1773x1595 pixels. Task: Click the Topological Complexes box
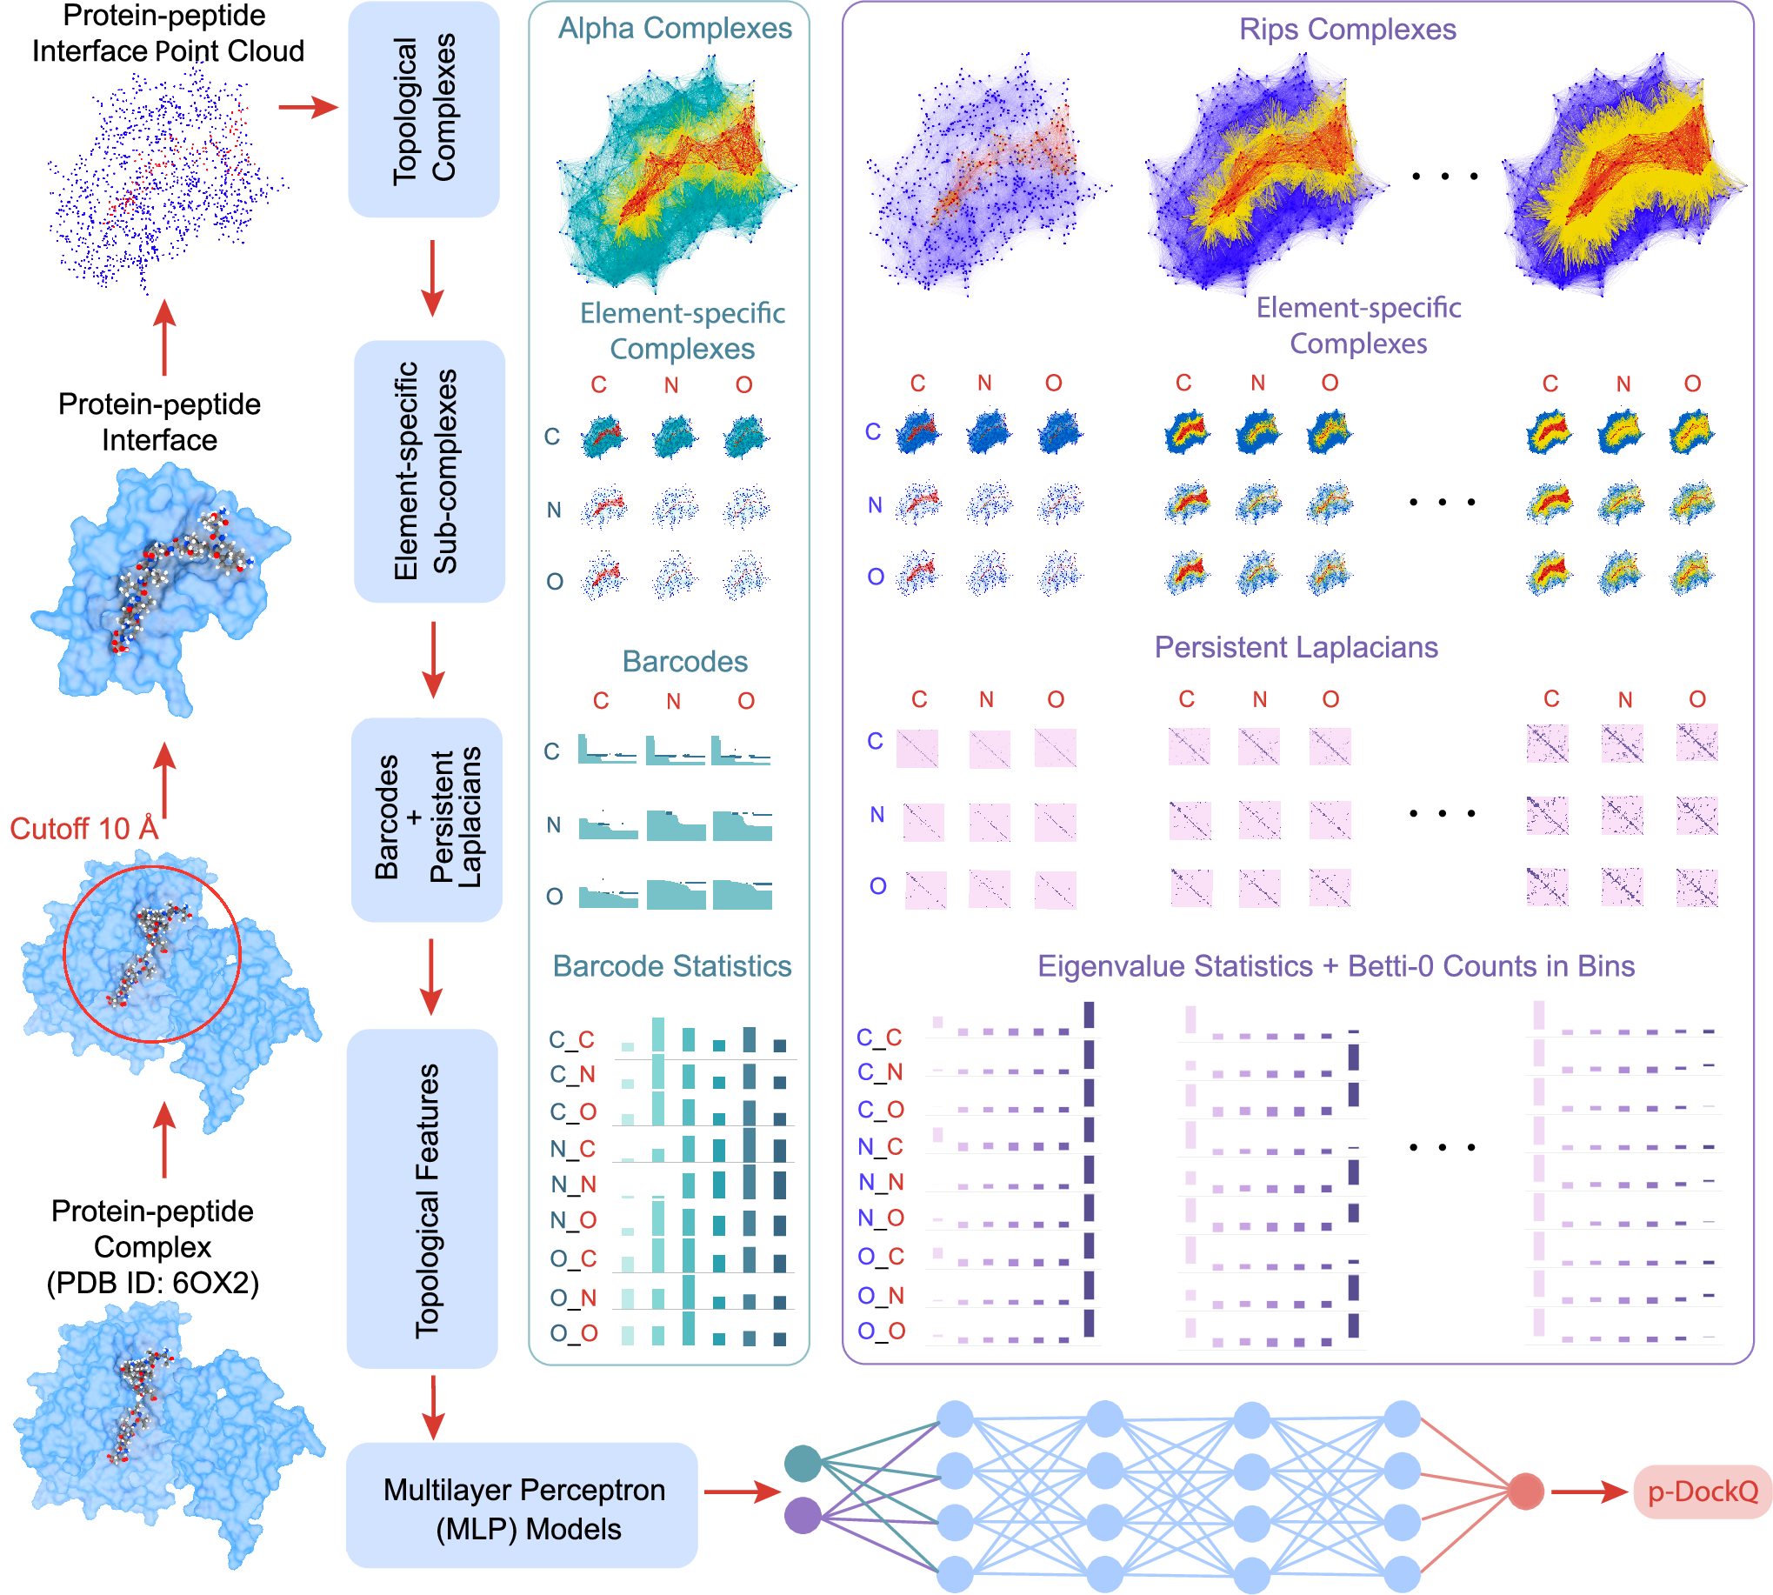click(424, 109)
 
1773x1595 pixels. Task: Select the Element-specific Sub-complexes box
click(430, 471)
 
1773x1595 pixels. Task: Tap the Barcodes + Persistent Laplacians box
click(427, 819)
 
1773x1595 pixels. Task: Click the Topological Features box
click(423, 1198)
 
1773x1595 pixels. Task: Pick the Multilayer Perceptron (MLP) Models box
click(523, 1508)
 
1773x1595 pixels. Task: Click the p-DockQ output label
click(1701, 1491)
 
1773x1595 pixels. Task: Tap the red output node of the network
click(1525, 1491)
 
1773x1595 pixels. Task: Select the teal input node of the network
click(803, 1463)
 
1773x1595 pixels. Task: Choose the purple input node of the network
click(803, 1515)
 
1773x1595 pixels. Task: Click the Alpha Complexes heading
click(675, 28)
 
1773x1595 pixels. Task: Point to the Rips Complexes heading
click(1346, 29)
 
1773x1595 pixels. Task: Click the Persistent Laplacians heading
click(1296, 647)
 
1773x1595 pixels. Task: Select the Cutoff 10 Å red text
click(84, 828)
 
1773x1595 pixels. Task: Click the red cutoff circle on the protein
click(238, 953)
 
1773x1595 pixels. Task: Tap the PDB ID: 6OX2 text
click(152, 1282)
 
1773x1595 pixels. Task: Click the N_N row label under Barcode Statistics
click(573, 1184)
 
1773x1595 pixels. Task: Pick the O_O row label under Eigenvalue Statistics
click(880, 1331)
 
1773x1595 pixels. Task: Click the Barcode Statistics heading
click(671, 965)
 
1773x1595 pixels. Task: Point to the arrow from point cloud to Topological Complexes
click(308, 107)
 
